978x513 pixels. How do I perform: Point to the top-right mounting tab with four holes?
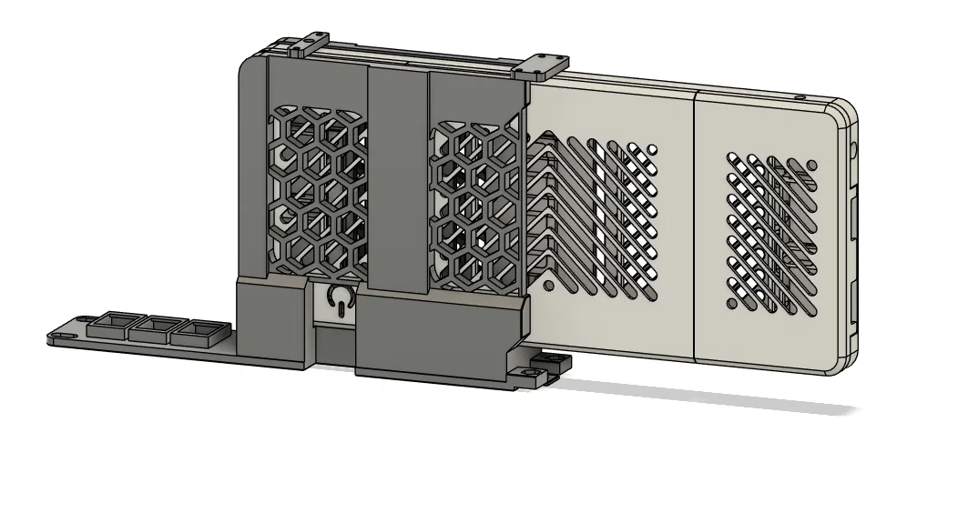click(540, 65)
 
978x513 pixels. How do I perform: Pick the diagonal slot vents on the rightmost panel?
click(772, 227)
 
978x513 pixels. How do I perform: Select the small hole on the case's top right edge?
click(800, 96)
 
